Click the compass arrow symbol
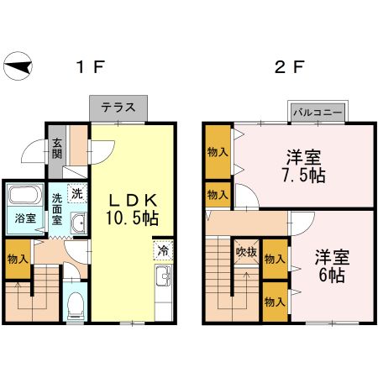18,65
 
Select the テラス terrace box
118,108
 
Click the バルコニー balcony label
318,112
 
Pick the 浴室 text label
23,218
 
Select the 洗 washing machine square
76,194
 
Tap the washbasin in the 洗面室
77,223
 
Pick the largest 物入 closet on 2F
217,152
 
